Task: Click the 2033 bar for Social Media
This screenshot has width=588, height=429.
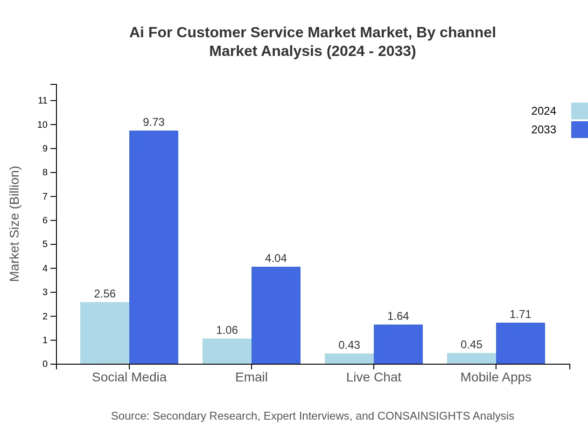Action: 154,247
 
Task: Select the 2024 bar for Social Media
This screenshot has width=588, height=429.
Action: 105,333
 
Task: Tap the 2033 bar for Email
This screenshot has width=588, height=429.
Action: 276,315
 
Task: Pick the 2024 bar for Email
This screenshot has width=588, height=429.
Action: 227,351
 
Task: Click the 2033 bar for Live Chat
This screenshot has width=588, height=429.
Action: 398,344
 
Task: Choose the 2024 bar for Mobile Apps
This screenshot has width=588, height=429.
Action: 471,359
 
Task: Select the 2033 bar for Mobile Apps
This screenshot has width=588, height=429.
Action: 520,343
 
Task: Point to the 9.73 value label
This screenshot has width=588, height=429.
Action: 154,122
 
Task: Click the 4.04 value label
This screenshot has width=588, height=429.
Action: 276,258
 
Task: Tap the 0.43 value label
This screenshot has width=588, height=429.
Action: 349,345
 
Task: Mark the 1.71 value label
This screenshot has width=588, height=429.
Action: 520,314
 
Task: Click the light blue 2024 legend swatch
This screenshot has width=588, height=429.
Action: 579,111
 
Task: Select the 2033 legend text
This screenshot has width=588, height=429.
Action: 544,130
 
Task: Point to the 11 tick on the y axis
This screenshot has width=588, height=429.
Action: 42,100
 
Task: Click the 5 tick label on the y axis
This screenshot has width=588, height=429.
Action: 45,244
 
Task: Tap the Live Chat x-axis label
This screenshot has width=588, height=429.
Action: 373,377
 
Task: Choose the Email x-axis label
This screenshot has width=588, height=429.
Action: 252,377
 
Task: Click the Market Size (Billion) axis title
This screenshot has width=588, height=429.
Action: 15,224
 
